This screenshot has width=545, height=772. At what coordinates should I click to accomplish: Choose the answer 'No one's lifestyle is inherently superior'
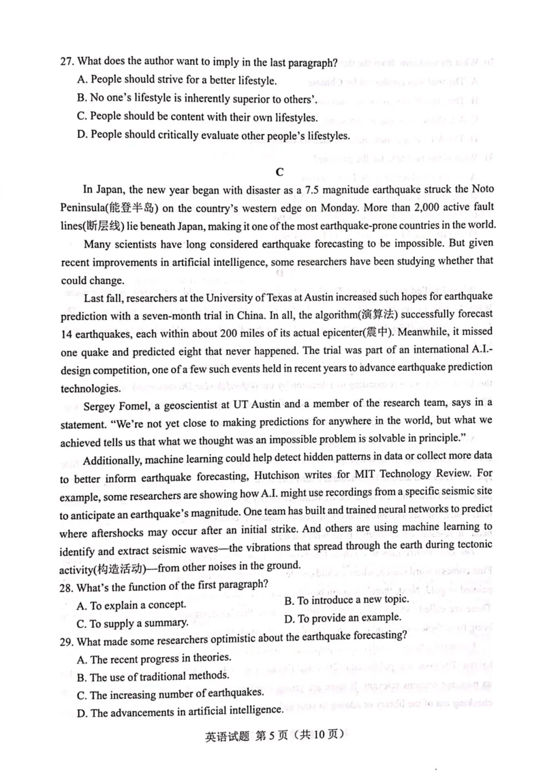coord(204,98)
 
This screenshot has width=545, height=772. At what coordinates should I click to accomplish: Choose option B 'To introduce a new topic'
coord(346,599)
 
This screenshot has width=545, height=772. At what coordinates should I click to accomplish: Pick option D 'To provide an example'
coord(342,618)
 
